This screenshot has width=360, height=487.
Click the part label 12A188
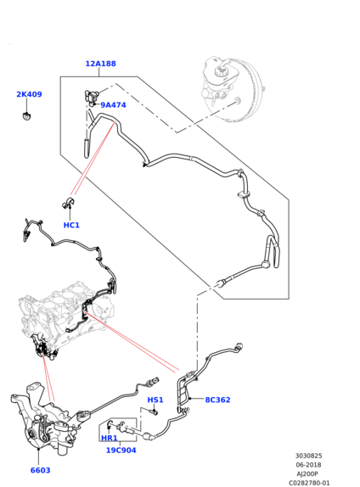(100, 64)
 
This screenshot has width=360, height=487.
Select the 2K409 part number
(29, 94)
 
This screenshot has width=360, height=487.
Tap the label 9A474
(113, 105)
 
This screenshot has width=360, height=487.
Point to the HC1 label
(71, 225)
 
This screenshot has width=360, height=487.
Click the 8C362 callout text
(217, 400)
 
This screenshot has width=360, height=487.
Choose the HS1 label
(155, 400)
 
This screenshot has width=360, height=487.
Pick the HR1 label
(110, 439)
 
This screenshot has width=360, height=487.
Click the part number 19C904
(121, 450)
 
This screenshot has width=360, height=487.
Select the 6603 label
(40, 470)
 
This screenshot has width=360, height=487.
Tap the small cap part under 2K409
(26, 116)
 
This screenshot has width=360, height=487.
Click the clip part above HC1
(68, 203)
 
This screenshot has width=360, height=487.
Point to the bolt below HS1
(154, 412)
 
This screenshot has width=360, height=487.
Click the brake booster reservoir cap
(222, 71)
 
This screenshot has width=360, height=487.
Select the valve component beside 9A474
(91, 97)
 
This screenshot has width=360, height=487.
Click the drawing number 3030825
(308, 456)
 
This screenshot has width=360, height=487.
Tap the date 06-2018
(308, 465)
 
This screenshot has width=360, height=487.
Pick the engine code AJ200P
(307, 474)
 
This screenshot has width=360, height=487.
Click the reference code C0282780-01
(309, 483)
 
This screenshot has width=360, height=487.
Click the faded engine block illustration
(65, 314)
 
